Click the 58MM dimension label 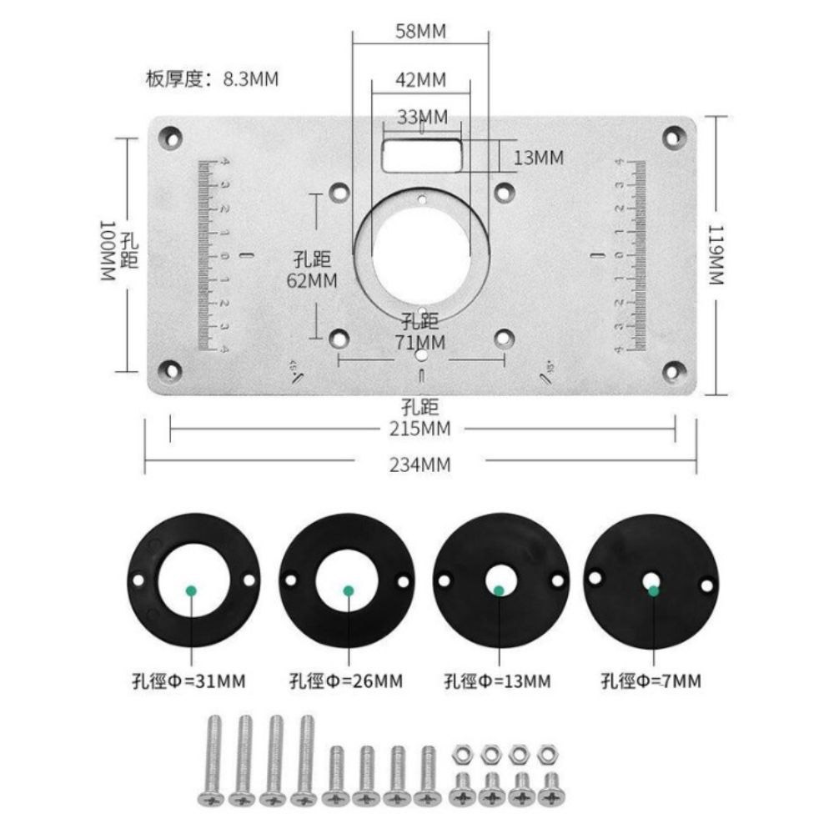tap(421, 32)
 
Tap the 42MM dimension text tap(421, 80)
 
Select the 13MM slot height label tap(538, 158)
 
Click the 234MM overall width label tap(420, 465)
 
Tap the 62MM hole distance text tap(312, 280)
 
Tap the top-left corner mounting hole tap(171, 138)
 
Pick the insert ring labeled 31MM tap(193, 580)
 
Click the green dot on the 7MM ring tap(654, 590)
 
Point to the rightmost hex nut tap(547, 755)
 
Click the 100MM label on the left tap(108, 250)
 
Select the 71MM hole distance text tap(420, 342)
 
